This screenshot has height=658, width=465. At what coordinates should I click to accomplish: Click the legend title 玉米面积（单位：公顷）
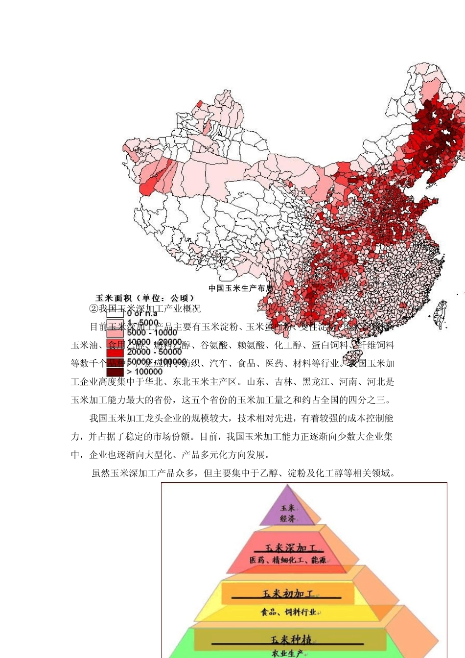145,298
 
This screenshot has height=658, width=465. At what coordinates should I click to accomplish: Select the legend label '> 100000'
144,372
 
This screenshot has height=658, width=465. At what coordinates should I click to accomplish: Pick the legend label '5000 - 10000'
152,332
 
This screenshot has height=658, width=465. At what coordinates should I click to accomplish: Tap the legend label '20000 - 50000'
154,352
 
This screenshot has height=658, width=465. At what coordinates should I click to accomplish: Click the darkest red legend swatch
115,372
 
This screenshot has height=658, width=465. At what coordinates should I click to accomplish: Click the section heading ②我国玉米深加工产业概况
145,308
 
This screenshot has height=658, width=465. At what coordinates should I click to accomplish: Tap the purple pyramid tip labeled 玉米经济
288,513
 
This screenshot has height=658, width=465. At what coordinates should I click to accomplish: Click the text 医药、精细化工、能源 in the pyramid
288,560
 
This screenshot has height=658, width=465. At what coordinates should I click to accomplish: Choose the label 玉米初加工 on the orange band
288,593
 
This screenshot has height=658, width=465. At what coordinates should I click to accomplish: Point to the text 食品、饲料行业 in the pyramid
288,611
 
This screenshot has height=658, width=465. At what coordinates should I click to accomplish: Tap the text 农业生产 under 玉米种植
287,653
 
